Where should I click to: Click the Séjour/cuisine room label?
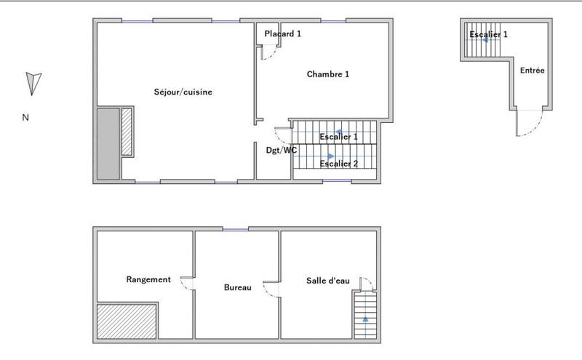[183, 92]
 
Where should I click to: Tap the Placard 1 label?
[283, 33]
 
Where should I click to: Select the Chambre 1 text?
[328, 74]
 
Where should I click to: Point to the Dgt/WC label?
[282, 151]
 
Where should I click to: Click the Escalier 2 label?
[339, 164]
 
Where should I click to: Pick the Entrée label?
[533, 71]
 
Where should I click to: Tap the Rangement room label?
[148, 279]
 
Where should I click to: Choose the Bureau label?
[237, 287]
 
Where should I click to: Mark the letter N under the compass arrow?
[25, 117]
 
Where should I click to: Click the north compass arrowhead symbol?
[33, 83]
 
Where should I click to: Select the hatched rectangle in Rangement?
[127, 321]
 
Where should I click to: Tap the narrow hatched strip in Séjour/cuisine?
[127, 132]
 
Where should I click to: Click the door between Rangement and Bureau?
[187, 284]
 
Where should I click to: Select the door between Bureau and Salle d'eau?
[272, 289]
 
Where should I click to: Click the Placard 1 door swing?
[268, 53]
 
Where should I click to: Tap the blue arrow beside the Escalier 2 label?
[330, 156]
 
